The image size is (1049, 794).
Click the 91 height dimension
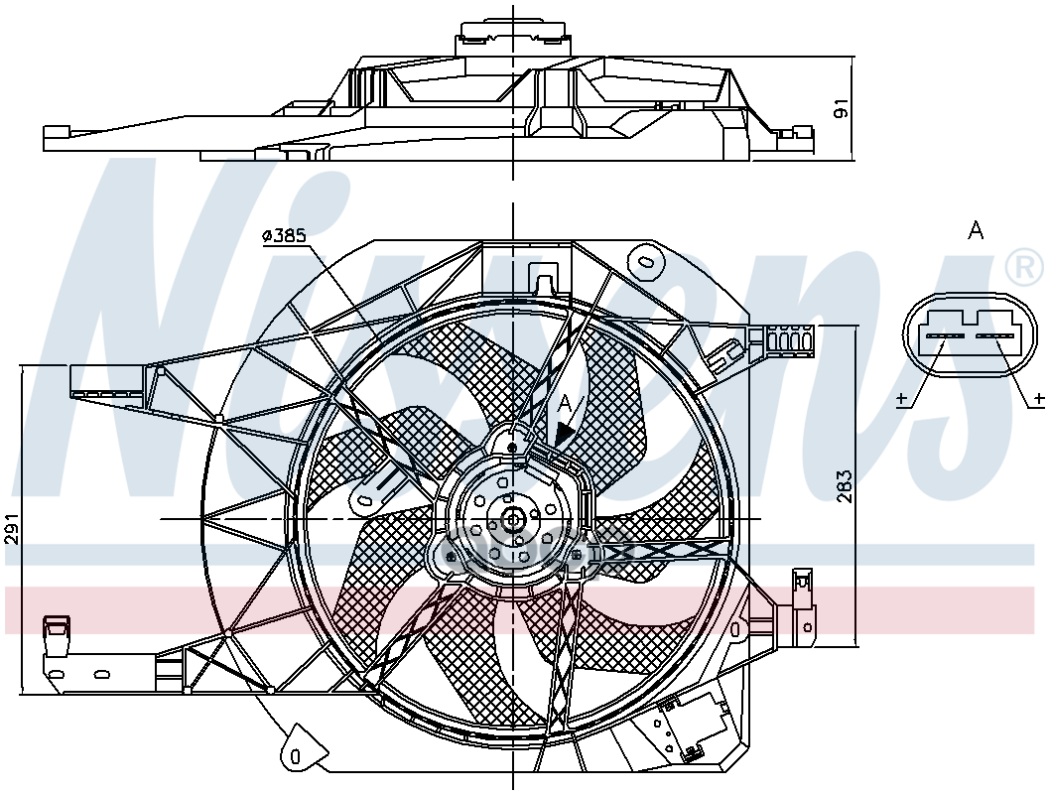pos(842,107)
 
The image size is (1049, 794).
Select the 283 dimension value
pos(844,485)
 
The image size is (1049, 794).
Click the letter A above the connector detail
pos(976,231)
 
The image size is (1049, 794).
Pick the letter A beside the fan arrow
pos(565,403)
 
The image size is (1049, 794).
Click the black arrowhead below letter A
pos(564,433)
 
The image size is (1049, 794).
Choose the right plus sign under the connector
pos(1038,399)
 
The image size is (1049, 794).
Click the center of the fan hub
pos(513,518)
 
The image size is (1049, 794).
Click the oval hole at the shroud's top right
pos(648,261)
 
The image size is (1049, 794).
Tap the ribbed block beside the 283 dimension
pos(790,340)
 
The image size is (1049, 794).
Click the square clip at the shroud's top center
pos(544,275)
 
